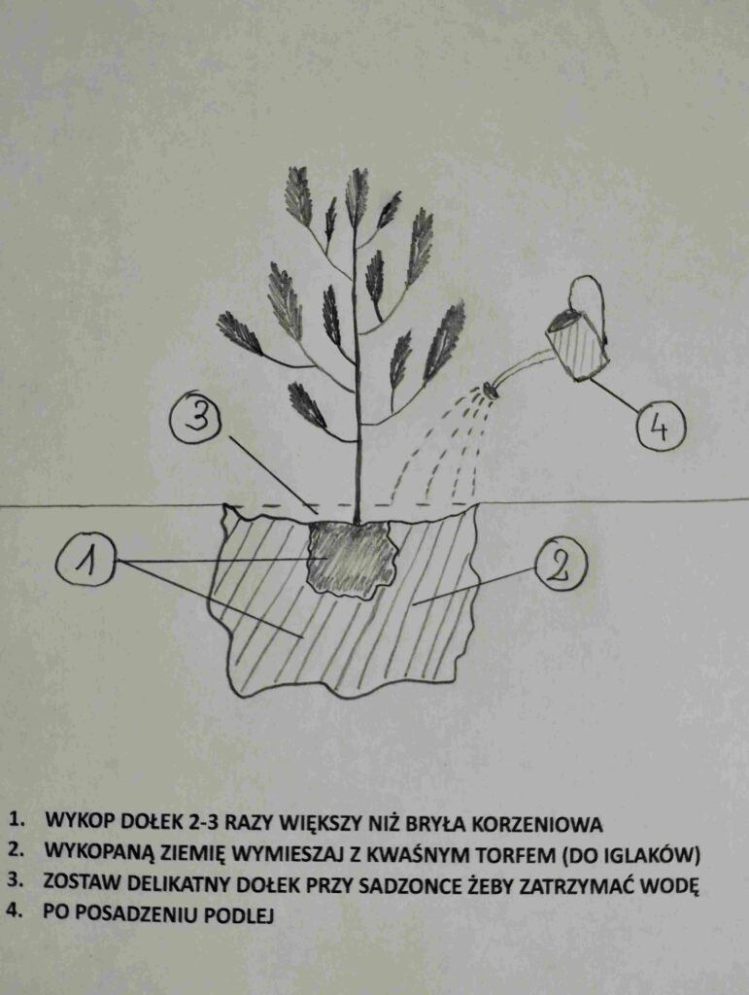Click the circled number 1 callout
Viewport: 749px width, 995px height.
click(x=85, y=561)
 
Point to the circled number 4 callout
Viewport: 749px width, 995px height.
click(x=661, y=428)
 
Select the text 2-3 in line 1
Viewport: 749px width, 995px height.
click(x=205, y=824)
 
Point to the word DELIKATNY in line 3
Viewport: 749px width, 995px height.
click(x=175, y=885)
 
